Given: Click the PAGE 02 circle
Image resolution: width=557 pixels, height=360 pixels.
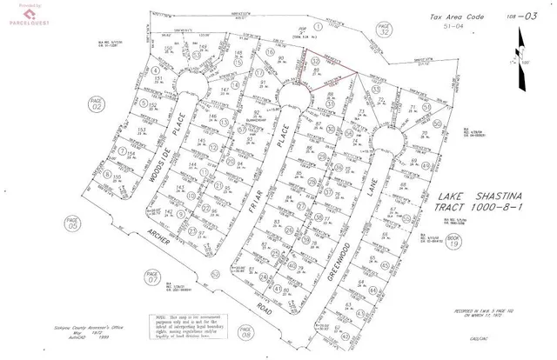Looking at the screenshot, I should click(97, 104).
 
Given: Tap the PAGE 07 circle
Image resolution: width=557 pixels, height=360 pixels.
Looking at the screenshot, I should click(153, 279).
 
